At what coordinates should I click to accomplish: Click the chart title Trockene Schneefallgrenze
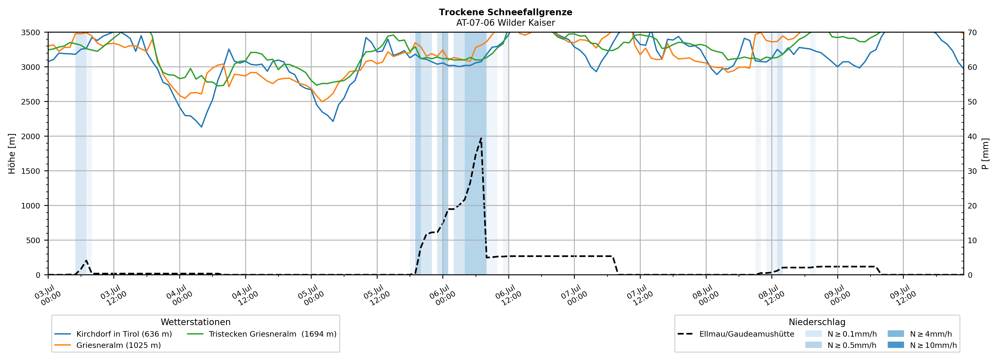(506, 12)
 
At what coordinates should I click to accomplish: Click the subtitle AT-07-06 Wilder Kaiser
(506, 23)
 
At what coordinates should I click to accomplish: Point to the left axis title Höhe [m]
(12, 153)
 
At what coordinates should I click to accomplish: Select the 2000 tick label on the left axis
(31, 136)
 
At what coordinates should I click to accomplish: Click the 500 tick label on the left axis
(33, 240)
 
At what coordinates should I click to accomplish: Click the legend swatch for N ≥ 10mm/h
(896, 345)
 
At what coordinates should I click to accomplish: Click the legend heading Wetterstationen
(196, 322)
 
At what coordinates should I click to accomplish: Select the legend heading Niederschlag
(817, 322)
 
